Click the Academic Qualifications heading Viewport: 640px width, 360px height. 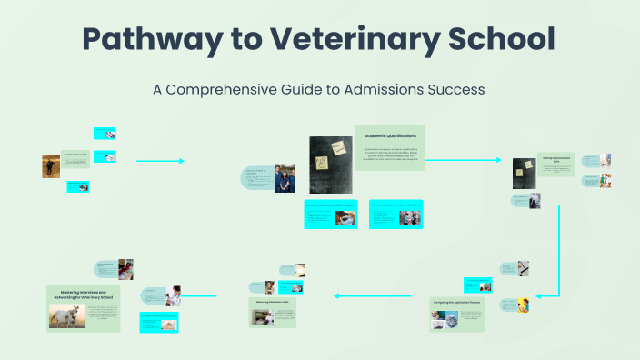click(x=390, y=135)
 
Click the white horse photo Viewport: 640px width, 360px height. click(x=66, y=315)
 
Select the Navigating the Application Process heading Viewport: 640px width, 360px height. click(x=454, y=299)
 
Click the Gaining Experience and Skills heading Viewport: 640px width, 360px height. click(x=555, y=159)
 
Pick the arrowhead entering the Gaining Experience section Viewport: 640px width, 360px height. click(x=497, y=160)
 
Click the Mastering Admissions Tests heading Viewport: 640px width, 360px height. click(x=273, y=301)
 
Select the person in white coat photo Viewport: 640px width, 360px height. click(x=172, y=295)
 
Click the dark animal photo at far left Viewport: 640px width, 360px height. click(x=51, y=165)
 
